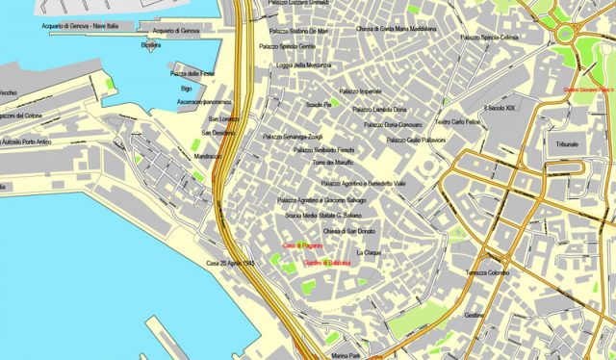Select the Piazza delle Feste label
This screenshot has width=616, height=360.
[x=192, y=73]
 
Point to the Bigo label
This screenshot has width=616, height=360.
[x=186, y=88]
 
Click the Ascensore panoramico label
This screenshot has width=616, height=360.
[x=205, y=101]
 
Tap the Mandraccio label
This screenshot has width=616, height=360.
[x=207, y=155]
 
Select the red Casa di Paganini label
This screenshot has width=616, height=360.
[x=301, y=246]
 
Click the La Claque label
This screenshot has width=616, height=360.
[x=370, y=252]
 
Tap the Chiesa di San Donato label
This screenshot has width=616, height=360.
[x=349, y=232]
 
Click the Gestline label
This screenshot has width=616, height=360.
[x=475, y=315]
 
